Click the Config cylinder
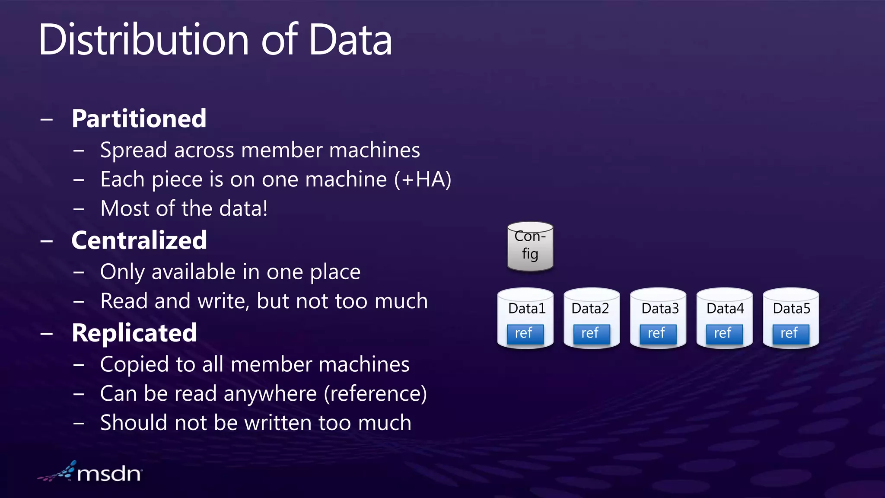click(530, 246)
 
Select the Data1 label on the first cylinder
click(526, 309)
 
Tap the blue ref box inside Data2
click(591, 334)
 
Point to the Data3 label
click(660, 309)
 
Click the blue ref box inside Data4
click(724, 334)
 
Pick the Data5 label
click(791, 309)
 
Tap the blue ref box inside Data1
click(525, 334)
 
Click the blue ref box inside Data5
click(790, 334)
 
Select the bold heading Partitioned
click(139, 118)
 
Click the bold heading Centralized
click(139, 240)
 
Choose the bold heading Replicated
click(134, 333)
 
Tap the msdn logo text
click(109, 474)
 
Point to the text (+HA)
click(423, 179)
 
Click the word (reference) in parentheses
click(375, 394)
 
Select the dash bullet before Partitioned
click(47, 119)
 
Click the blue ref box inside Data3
click(658, 334)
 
